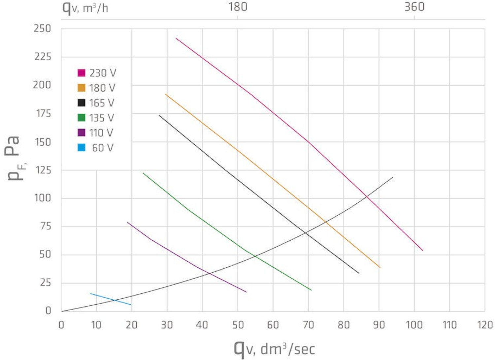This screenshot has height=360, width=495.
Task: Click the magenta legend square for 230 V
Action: [x=81, y=73]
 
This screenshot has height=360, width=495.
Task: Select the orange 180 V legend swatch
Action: [x=81, y=88]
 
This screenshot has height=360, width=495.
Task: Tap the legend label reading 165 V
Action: [x=102, y=103]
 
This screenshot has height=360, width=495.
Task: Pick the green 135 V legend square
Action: [x=81, y=118]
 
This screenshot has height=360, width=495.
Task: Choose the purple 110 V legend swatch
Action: [x=81, y=133]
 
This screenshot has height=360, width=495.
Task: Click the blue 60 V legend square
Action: [x=81, y=147]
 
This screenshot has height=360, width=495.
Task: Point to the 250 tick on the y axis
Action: [x=43, y=29]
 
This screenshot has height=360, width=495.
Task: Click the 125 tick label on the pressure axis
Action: [x=43, y=170]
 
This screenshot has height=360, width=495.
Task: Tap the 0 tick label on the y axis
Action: [x=48, y=311]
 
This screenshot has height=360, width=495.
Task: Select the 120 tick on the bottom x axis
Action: [x=485, y=325]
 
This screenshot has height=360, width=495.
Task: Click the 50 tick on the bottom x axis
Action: [x=238, y=325]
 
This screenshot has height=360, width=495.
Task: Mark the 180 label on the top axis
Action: [x=238, y=7]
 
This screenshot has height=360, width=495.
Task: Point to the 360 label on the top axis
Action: [x=414, y=7]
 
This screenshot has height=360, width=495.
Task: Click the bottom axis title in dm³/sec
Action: [x=274, y=348]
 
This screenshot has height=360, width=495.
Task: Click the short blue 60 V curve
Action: [x=111, y=299]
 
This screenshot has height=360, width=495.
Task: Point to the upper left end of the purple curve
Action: [x=128, y=223]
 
